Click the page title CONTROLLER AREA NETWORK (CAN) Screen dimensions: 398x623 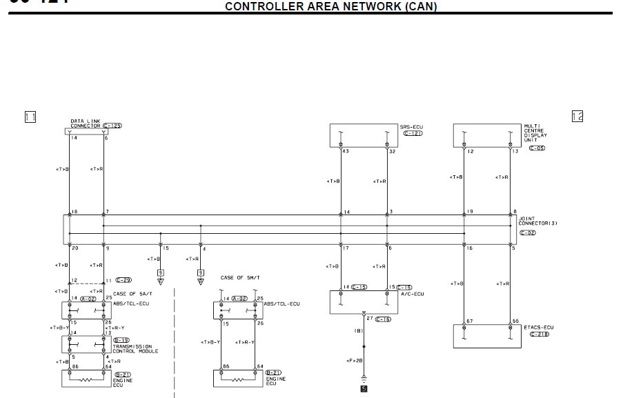(331, 7)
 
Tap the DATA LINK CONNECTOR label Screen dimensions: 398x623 (86, 123)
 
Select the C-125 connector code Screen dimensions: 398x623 (112, 126)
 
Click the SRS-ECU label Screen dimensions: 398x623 (411, 126)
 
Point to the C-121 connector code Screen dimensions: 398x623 (412, 132)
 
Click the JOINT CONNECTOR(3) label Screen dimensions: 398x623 (537, 221)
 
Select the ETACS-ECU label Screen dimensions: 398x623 (538, 327)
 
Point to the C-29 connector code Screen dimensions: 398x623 (123, 280)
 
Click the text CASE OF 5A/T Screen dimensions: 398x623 (128, 293)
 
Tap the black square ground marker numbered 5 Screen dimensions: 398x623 (364, 388)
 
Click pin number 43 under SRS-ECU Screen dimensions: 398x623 (346, 151)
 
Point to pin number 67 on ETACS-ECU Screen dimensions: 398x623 (469, 321)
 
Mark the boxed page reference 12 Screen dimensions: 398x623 (577, 116)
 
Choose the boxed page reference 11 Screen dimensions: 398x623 (30, 117)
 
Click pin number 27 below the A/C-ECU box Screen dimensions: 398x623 (370, 318)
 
